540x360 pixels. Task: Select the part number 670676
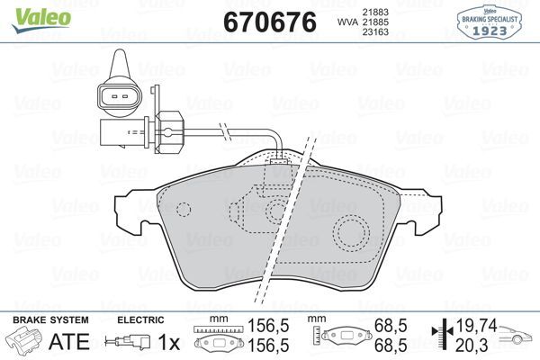coord(267,22)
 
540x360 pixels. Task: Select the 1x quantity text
coord(167,342)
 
